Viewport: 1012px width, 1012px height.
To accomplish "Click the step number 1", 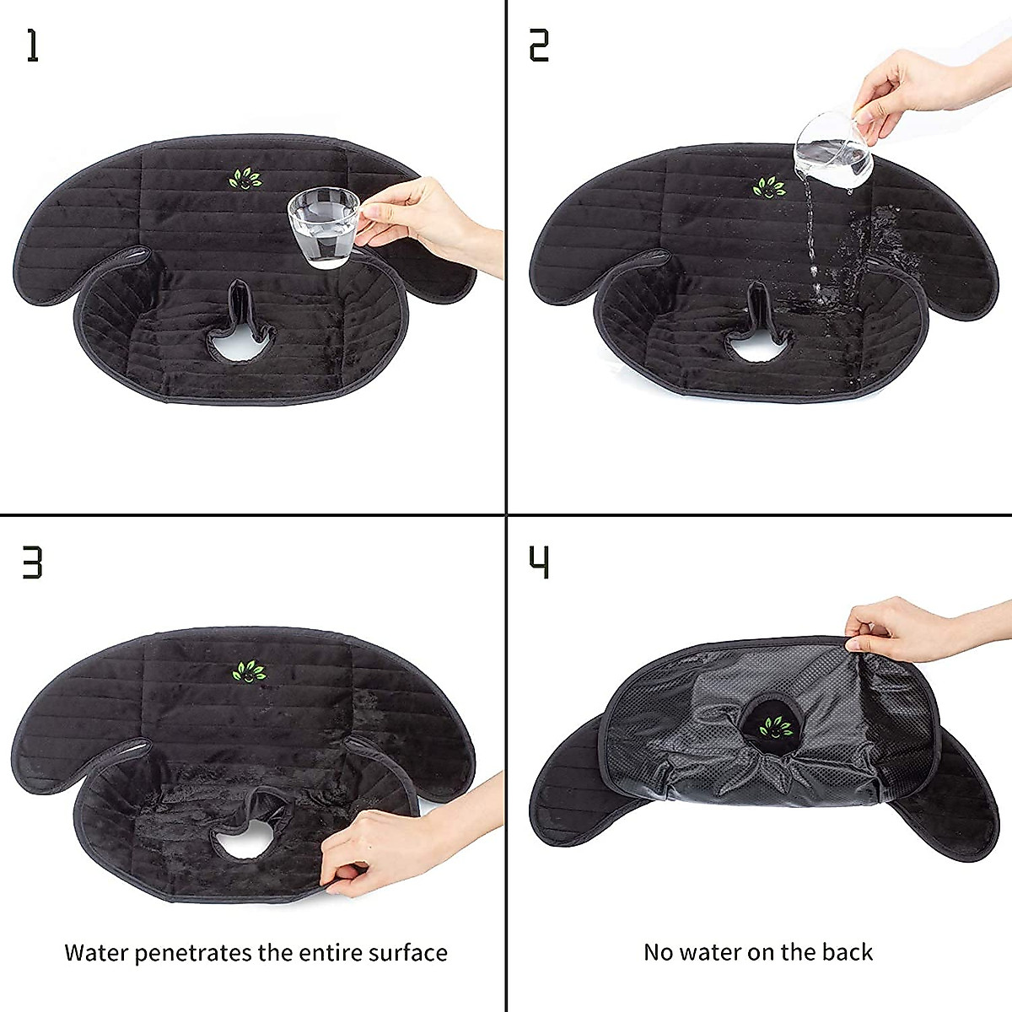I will tap(32, 46).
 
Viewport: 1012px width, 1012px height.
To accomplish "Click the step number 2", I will tap(539, 46).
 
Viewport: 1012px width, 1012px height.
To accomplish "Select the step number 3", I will tap(32, 563).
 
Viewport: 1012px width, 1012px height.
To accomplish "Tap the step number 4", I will tap(539, 563).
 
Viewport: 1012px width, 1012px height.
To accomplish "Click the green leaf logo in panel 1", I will tap(245, 179).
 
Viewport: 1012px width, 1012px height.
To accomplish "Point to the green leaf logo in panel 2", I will tap(768, 186).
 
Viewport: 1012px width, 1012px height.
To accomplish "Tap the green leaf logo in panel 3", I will tap(249, 671).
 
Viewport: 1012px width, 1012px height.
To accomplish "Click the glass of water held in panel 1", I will tap(324, 226).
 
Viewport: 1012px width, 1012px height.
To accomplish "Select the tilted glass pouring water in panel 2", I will tap(833, 150).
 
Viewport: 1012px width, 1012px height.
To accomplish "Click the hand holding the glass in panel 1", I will tap(422, 218).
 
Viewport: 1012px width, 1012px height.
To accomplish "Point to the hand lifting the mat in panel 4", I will tap(902, 628).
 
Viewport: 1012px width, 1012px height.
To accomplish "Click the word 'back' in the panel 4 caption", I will tap(848, 952).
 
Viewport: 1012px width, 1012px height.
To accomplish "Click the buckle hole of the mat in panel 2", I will tap(758, 346).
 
